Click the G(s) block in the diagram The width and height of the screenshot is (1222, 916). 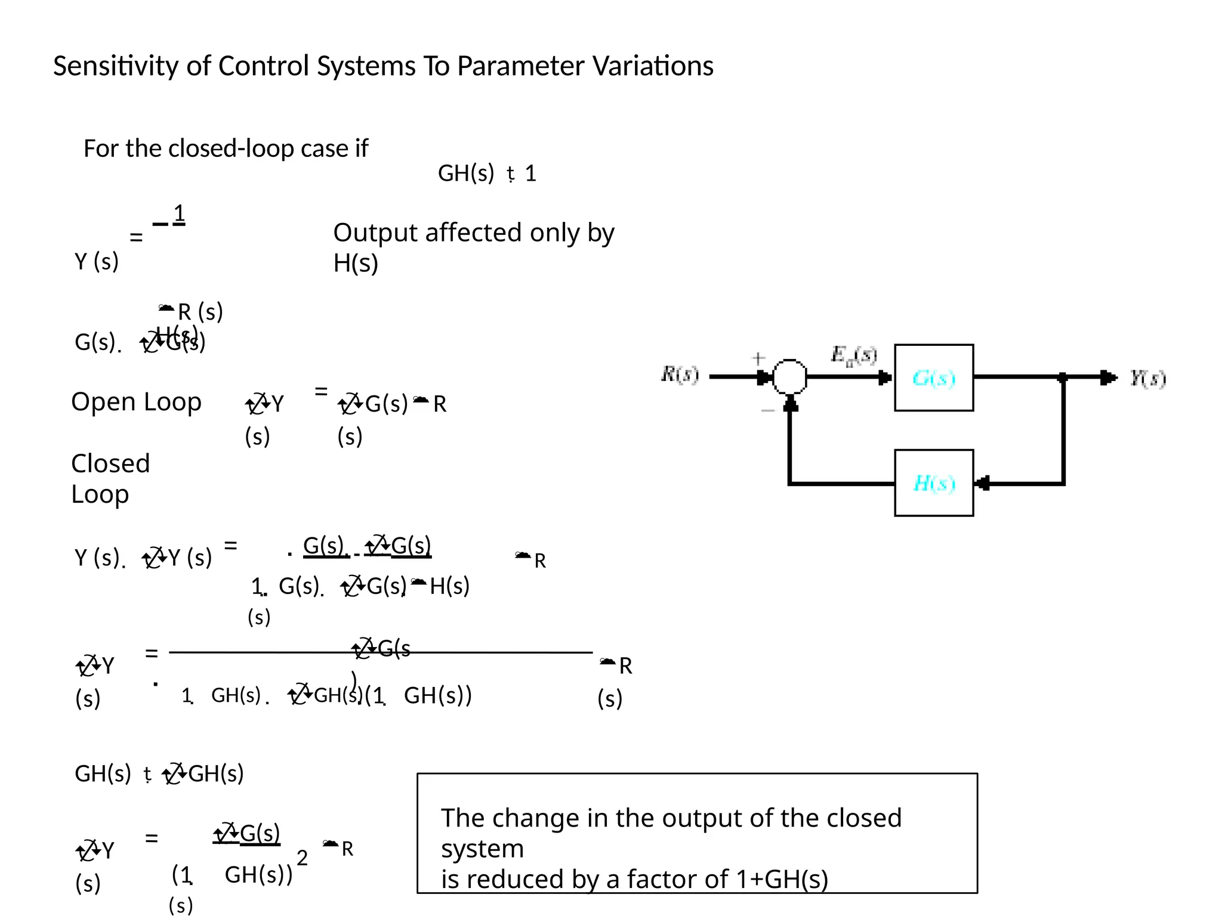934,377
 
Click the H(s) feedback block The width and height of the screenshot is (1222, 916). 934,482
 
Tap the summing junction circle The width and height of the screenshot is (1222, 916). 789,377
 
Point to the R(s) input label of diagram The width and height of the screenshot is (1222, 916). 680,375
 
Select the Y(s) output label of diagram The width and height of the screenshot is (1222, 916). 1147,378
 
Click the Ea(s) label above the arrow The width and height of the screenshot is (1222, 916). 854,355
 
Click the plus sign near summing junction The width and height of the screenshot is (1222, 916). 758,358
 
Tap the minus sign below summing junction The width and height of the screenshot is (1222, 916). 768,410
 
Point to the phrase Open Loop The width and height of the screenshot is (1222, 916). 136,402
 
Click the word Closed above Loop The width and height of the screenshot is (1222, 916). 110,463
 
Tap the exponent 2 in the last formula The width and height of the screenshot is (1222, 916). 302,858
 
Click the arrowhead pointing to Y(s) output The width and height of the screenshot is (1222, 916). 1109,377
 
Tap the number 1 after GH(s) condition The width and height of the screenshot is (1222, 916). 530,174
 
